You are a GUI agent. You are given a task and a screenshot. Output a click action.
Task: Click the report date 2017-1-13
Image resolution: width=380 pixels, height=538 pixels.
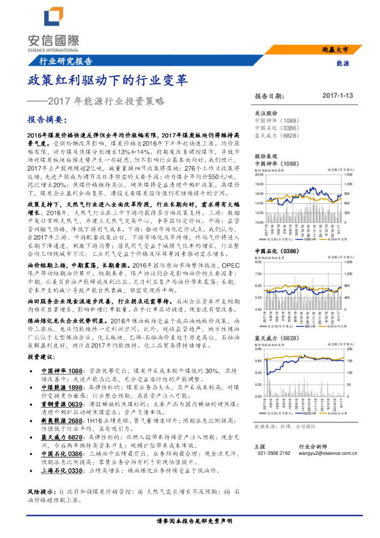tap(338, 95)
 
